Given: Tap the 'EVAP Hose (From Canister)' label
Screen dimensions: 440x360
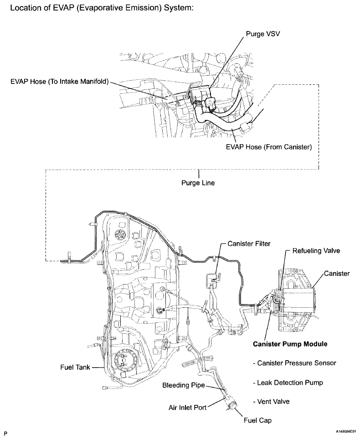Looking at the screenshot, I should pyautogui.click(x=268, y=148).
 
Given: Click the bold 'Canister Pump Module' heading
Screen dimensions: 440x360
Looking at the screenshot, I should pyautogui.click(x=290, y=344).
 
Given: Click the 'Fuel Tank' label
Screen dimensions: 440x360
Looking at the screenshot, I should pyautogui.click(x=75, y=367).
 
